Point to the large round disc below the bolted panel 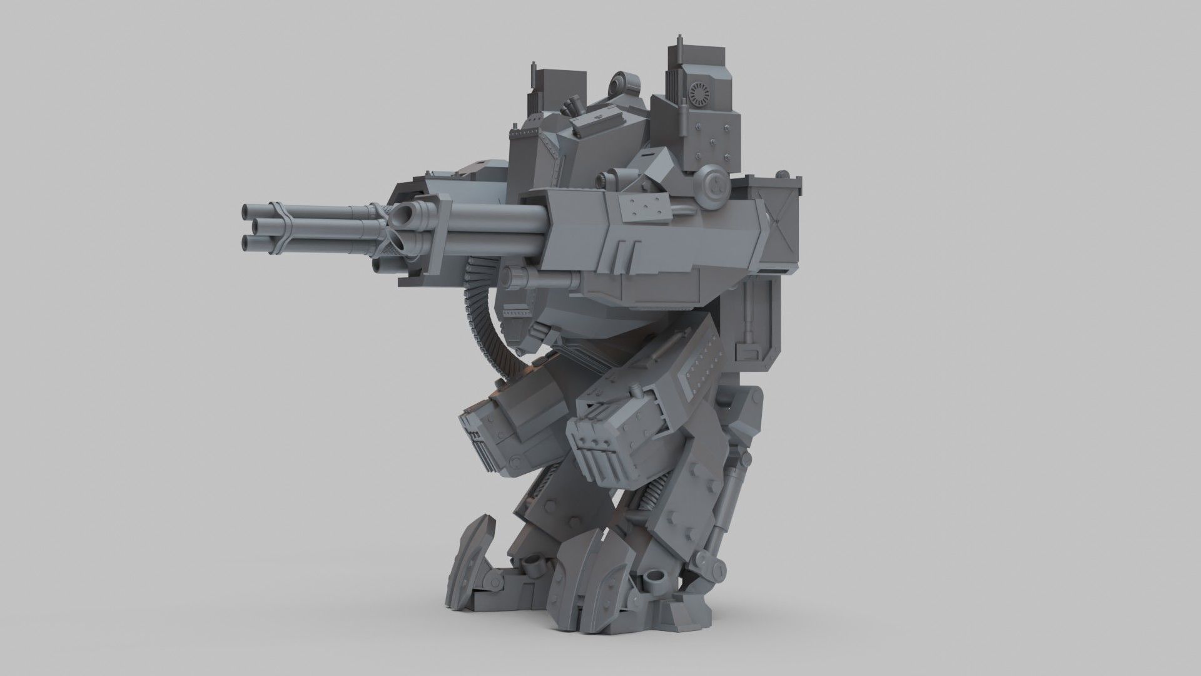click(714, 183)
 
